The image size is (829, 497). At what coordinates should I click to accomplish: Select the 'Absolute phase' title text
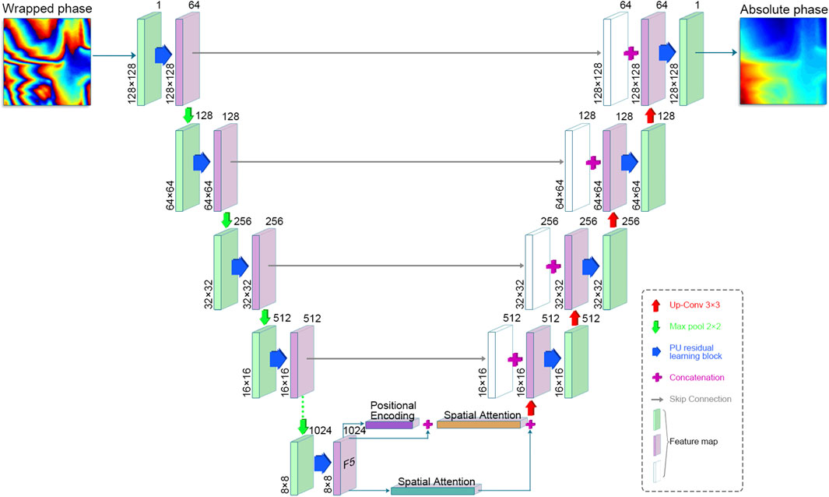click(x=781, y=8)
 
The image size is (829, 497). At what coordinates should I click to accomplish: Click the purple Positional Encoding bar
click(x=389, y=424)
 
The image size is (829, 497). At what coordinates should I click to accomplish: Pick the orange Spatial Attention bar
click(x=479, y=425)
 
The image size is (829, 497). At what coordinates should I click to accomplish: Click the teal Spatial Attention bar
click(x=433, y=491)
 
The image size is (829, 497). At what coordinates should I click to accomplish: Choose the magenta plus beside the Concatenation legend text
click(x=656, y=377)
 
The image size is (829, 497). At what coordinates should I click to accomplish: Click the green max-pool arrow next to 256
click(x=227, y=220)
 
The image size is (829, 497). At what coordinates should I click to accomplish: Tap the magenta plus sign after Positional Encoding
click(x=427, y=424)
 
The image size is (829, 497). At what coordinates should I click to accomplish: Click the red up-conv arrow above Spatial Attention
click(x=532, y=407)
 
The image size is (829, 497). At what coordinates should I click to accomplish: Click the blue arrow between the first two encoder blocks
click(x=163, y=54)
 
